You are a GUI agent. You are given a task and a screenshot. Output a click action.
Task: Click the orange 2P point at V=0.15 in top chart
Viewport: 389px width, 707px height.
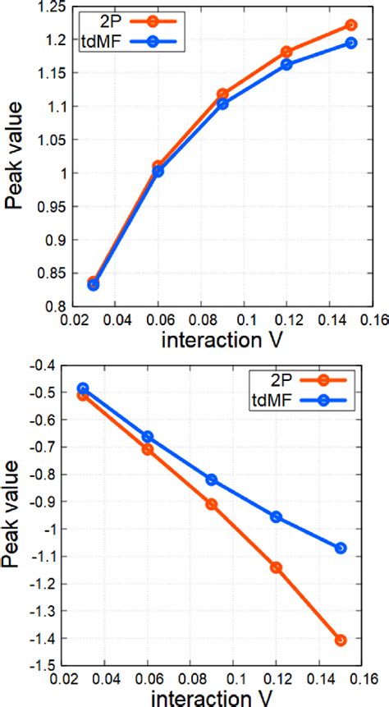click(x=351, y=25)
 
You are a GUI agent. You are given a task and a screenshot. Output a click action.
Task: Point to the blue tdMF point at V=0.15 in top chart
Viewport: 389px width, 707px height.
click(x=351, y=43)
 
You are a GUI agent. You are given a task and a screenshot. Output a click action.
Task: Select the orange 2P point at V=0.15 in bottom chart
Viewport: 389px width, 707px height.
click(x=341, y=640)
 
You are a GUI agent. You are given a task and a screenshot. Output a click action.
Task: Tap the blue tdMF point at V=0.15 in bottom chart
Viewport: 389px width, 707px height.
click(x=341, y=548)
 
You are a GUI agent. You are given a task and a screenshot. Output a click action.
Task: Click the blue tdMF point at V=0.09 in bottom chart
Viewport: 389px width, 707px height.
click(x=212, y=480)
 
